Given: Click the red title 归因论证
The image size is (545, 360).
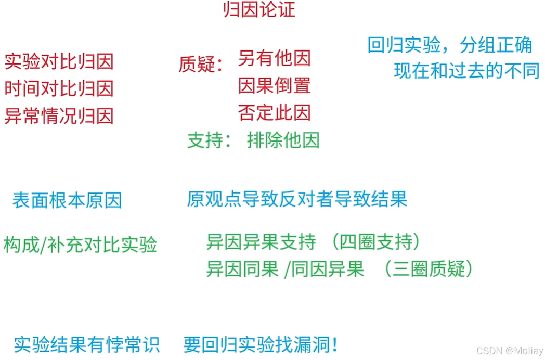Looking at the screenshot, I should click(259, 10).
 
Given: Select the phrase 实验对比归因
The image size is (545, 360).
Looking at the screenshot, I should click(59, 61).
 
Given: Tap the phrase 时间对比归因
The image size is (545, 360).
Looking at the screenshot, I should click(59, 88).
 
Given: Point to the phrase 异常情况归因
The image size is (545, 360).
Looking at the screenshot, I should click(59, 115).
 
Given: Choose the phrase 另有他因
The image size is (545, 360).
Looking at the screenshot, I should click(274, 59).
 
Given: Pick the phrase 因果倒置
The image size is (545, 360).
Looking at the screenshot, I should click(274, 85).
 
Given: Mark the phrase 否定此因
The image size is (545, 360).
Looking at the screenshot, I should click(274, 112).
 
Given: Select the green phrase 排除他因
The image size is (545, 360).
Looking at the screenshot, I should click(283, 140).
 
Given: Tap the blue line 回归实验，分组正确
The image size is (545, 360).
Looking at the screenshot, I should click(450, 45).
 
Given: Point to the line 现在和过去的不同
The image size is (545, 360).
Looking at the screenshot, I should click(466, 71).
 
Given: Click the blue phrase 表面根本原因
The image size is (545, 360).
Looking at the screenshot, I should click(67, 200).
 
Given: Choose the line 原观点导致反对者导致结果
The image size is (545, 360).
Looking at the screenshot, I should click(297, 199).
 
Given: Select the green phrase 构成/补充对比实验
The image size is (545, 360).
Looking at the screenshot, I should click(80, 245).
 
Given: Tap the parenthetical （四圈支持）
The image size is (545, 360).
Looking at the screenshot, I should click(377, 242).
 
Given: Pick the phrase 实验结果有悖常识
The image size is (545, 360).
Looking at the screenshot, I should click(86, 344).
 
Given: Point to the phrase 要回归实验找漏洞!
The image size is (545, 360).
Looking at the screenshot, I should click(261, 344).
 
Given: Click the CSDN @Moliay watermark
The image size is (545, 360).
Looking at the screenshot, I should click(510, 351).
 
